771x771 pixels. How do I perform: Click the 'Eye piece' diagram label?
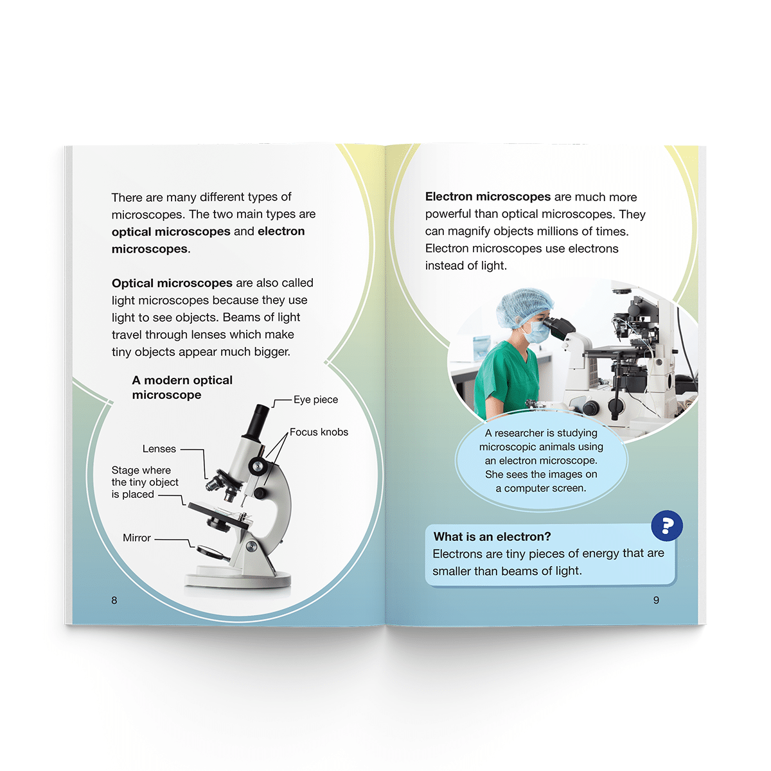[315, 399]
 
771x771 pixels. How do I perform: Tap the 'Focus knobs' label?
[319, 432]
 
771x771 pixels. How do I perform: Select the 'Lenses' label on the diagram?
[159, 448]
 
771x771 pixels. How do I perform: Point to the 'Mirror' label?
[136, 537]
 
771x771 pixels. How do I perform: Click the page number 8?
[114, 600]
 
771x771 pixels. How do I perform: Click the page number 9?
[656, 600]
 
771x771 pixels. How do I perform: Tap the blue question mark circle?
[666, 526]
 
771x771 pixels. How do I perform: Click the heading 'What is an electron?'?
[492, 536]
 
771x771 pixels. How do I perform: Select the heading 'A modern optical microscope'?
[182, 387]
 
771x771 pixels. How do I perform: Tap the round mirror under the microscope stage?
[212, 553]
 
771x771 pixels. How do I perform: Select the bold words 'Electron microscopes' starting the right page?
[488, 197]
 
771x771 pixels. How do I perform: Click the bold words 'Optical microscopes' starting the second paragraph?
[172, 283]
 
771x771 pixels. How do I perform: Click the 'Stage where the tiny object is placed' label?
[145, 482]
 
